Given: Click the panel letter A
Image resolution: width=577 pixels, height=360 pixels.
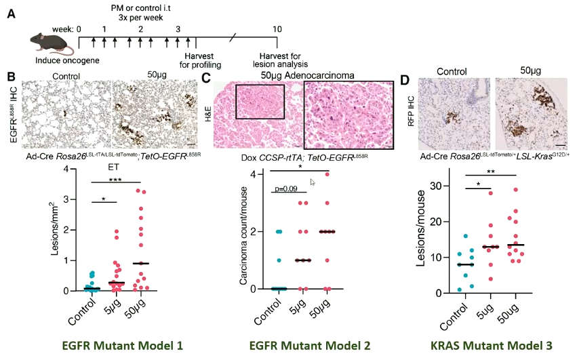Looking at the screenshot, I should click(x=11, y=12).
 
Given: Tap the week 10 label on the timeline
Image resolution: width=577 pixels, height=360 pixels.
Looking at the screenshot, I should click(x=277, y=29).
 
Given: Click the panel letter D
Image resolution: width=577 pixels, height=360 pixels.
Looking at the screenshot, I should click(x=406, y=79).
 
